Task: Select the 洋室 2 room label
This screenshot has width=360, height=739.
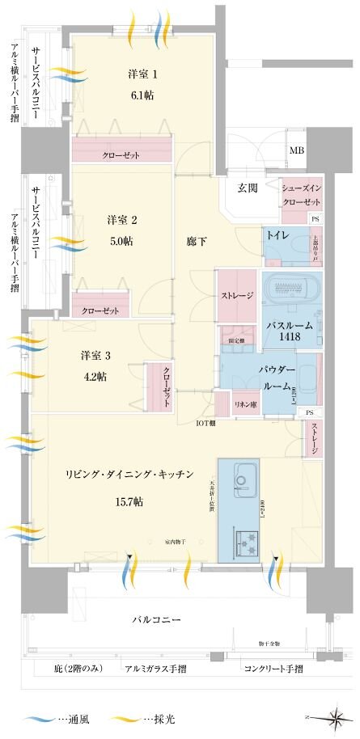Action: [x=124, y=219]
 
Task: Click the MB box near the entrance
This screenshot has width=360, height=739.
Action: [x=297, y=150]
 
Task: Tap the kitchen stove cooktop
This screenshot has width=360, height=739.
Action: [x=245, y=540]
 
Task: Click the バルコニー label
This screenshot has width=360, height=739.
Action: [x=157, y=619]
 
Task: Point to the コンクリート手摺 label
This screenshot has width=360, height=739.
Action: [x=273, y=669]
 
